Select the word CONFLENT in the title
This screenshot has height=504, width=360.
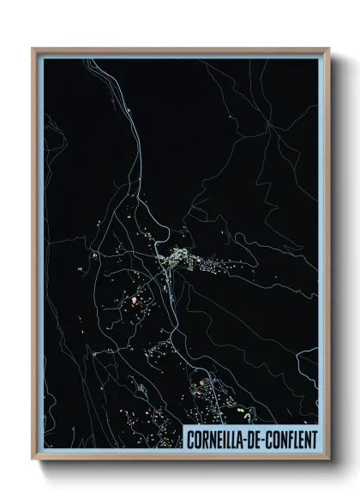[x=289, y=440]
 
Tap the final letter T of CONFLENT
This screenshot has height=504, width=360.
[x=313, y=440]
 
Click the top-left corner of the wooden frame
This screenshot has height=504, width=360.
[x=33, y=49]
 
